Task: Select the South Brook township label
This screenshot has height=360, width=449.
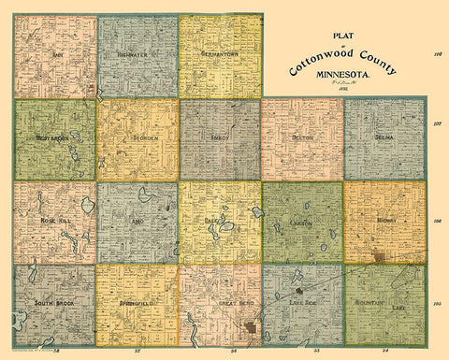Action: [x=54, y=304]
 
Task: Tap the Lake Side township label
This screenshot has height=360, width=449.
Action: [x=301, y=302]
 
